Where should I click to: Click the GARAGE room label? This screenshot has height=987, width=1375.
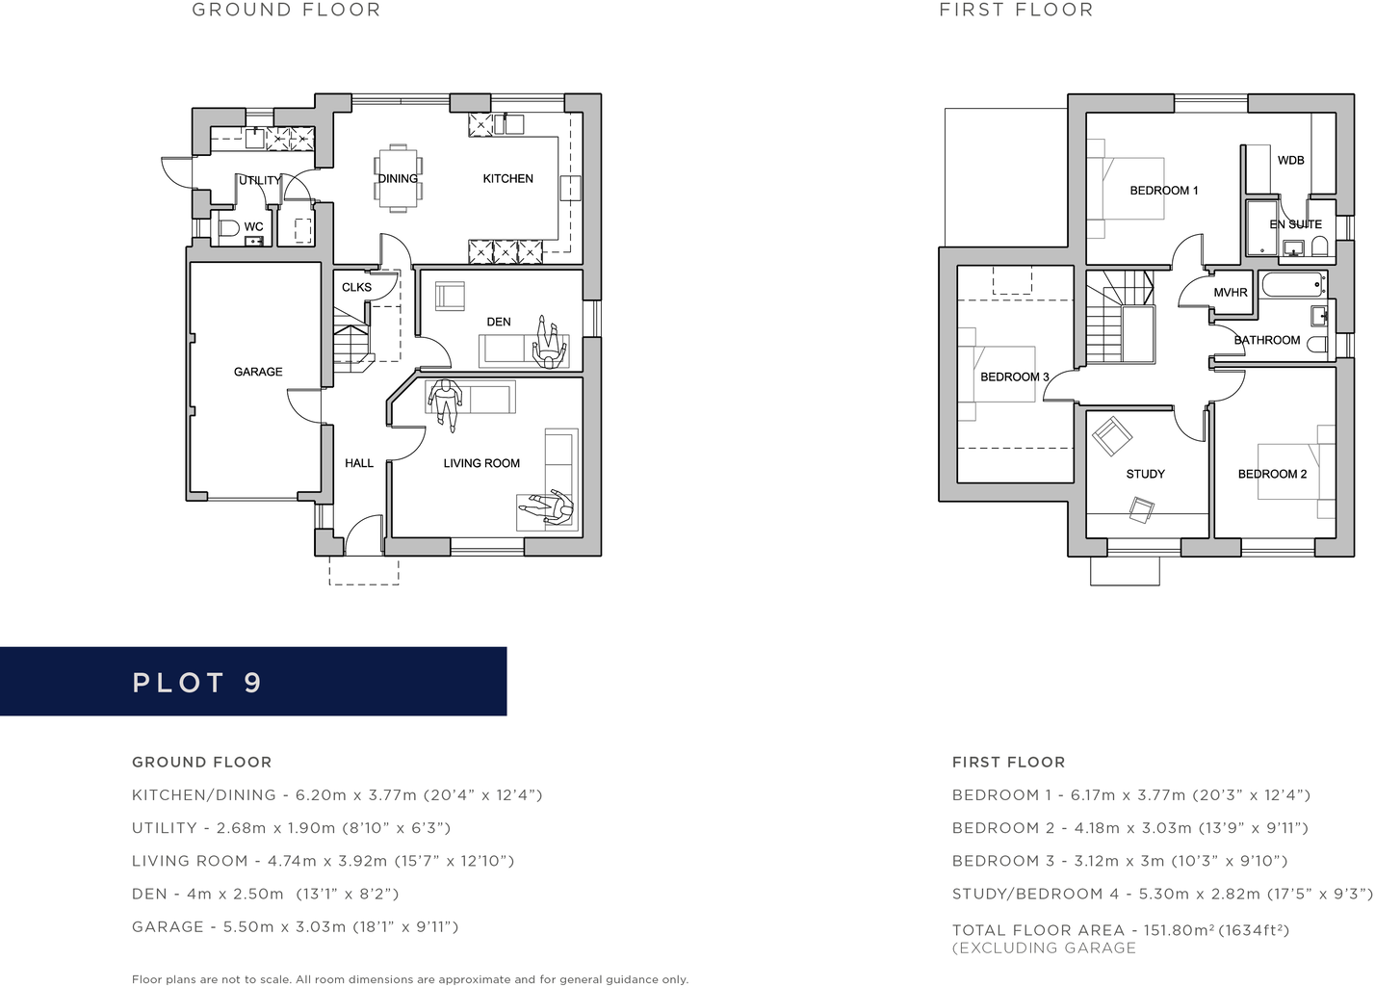pyautogui.click(x=258, y=372)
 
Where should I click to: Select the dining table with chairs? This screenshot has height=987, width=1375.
pyautogui.click(x=398, y=178)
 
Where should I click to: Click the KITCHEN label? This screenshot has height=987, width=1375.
pyautogui.click(x=507, y=178)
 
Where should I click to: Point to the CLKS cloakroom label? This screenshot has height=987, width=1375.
pyautogui.click(x=356, y=287)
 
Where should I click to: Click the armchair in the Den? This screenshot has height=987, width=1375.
pyautogui.click(x=450, y=297)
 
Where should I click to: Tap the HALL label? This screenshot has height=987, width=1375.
pyautogui.click(x=359, y=463)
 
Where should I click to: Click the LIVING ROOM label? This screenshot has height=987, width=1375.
pyautogui.click(x=481, y=463)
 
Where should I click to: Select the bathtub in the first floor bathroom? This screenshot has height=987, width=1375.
pyautogui.click(x=1293, y=285)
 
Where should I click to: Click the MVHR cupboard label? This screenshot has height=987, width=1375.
pyautogui.click(x=1231, y=293)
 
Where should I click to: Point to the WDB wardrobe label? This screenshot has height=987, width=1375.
pyautogui.click(x=1291, y=160)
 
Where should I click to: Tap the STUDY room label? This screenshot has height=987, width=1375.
pyautogui.click(x=1146, y=474)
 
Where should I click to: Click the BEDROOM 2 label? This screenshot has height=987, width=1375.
pyautogui.click(x=1272, y=474)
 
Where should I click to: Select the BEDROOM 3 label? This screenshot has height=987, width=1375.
pyautogui.click(x=1015, y=377)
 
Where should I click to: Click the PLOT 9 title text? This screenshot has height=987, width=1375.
pyautogui.click(x=197, y=683)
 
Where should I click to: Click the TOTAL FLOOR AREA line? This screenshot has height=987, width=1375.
pyautogui.click(x=1120, y=930)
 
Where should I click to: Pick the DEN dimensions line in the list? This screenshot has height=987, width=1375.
pyautogui.click(x=265, y=894)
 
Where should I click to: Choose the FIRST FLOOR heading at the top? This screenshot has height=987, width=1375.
pyautogui.click(x=1016, y=10)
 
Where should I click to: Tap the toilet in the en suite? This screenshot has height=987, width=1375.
pyautogui.click(x=1319, y=247)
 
